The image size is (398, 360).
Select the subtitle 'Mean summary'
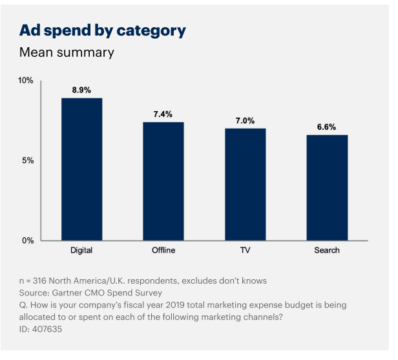coord(67,52)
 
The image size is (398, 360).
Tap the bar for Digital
coord(81,169)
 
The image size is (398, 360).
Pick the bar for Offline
coord(163,181)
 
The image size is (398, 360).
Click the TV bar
coord(245,184)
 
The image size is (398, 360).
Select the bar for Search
coord(327,187)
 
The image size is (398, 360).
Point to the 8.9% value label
coord(81,90)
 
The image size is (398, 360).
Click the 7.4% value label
coord(163,114)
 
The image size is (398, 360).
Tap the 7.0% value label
coord(245,121)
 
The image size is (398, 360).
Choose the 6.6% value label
coord(326,127)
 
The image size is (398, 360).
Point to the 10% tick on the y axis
coord(26,81)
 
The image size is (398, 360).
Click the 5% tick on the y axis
coord(28,160)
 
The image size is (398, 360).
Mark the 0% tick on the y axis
coord(28,240)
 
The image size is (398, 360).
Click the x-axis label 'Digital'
coord(81,250)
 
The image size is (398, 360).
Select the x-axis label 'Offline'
coord(163,250)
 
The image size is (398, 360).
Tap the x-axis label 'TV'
coord(245,250)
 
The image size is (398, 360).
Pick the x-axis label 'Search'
coord(326,250)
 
